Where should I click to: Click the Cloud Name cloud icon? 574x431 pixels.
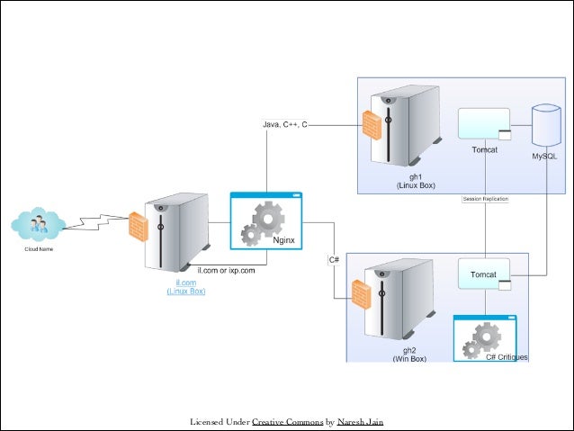point(39,224)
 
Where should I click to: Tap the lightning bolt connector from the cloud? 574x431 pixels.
point(96,222)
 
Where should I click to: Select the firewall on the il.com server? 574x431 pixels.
point(139,227)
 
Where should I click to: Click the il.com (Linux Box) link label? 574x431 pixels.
point(186,287)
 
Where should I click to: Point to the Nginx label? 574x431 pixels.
point(283,240)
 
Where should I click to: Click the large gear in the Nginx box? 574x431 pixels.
point(268,219)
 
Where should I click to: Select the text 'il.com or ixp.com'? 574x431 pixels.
point(226,271)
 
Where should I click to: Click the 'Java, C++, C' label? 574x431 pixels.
point(285,124)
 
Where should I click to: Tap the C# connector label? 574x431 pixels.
point(334,260)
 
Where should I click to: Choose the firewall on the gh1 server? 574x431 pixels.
point(372,125)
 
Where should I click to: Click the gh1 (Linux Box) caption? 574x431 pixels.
point(416,181)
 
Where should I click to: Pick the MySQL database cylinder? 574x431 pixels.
point(546,125)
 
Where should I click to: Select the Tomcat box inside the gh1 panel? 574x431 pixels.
point(484,124)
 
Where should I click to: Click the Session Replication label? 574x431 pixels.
point(486,199)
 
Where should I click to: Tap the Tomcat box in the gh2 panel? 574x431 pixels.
point(484,274)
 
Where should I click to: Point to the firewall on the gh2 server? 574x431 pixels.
point(362,295)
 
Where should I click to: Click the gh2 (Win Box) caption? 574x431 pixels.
point(409,355)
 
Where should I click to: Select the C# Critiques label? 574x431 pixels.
point(507,357)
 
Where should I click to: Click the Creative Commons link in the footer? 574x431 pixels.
point(288,422)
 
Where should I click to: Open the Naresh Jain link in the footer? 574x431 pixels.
point(360,422)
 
